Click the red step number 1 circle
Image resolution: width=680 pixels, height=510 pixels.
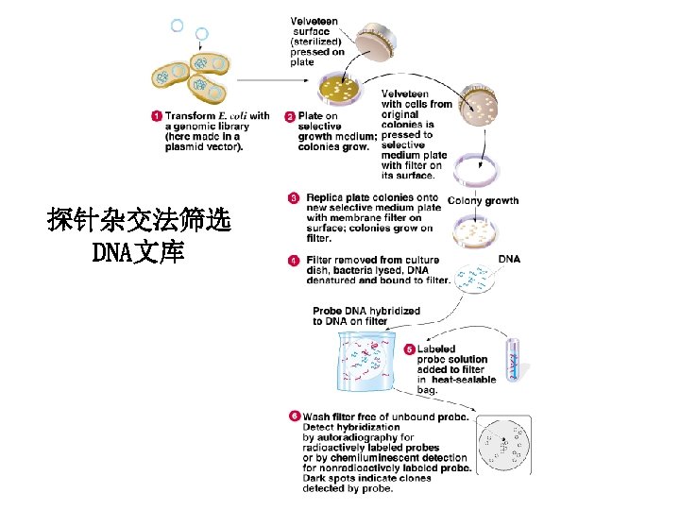coord(156,116)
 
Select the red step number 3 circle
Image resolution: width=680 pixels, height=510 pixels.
coord(296,198)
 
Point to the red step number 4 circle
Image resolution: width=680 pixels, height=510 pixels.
coord(296,260)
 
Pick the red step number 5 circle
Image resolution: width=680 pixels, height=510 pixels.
coord(410,349)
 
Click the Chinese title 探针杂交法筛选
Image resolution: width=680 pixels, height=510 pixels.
coord(138,223)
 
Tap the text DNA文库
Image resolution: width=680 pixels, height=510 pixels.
coord(138,253)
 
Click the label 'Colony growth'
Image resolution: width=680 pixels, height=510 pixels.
coord(483,200)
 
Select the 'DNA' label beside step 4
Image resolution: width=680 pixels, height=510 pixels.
coord(509,259)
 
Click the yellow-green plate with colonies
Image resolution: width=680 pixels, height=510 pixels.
coord(344,90)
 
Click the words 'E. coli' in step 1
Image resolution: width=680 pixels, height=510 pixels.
coord(232,116)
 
